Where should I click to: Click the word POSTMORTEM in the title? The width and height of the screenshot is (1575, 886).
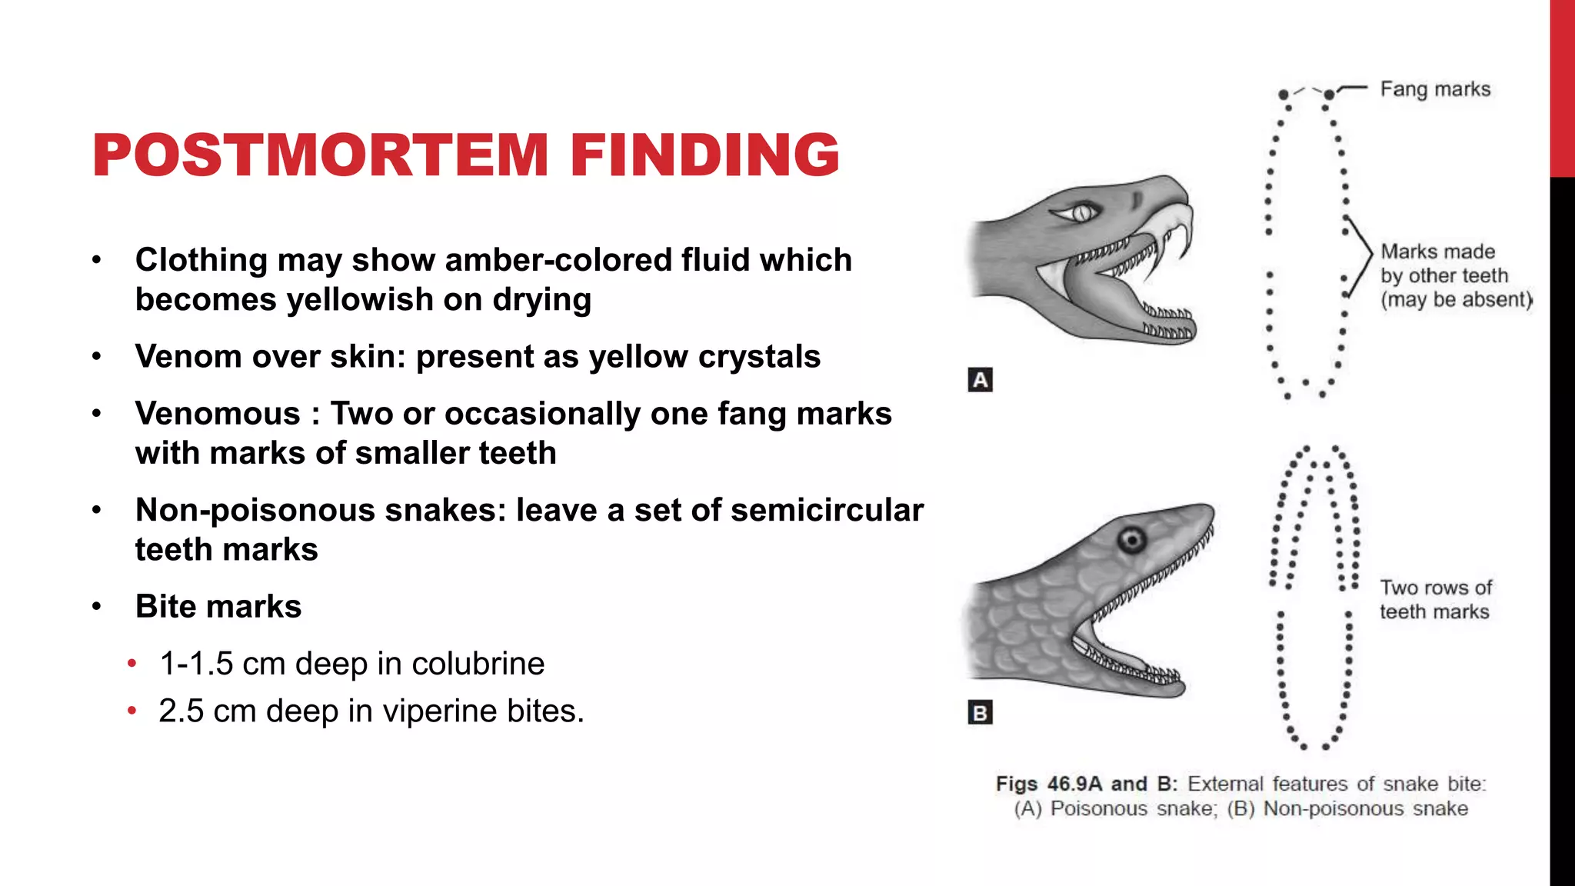(x=320, y=155)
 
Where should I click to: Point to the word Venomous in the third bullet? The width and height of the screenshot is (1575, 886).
(x=218, y=414)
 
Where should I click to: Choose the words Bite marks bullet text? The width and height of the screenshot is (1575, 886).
(x=218, y=607)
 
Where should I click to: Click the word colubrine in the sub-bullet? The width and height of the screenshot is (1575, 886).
(x=478, y=664)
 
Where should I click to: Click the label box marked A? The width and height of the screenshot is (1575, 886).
(x=980, y=380)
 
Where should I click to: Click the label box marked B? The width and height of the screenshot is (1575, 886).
(x=980, y=713)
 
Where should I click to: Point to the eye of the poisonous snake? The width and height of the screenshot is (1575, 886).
(x=1081, y=212)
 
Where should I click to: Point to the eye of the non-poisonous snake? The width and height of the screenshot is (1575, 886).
(x=1132, y=541)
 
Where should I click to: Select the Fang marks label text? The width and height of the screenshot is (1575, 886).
(x=1435, y=90)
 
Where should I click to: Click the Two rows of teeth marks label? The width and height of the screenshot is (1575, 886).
(x=1435, y=600)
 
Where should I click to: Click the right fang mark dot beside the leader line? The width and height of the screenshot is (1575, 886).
(x=1329, y=95)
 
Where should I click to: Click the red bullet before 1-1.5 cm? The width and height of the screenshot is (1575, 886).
(x=132, y=663)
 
